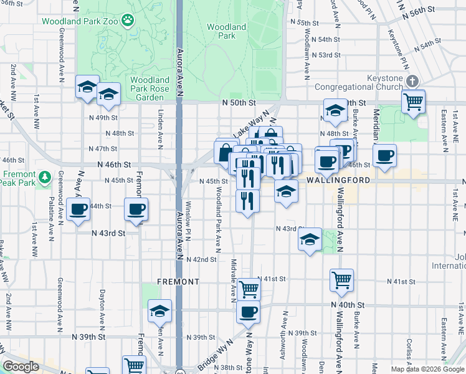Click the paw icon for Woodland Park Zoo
[129, 21]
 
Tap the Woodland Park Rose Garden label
[150, 89]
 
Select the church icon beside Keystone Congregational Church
[412, 81]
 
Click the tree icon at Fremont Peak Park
[45, 177]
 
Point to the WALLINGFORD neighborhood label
[338, 180]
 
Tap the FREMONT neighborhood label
[178, 282]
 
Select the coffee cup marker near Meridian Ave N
[384, 155]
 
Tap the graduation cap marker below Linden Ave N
[159, 310]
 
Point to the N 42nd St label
[201, 259]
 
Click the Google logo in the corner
[21, 367]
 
